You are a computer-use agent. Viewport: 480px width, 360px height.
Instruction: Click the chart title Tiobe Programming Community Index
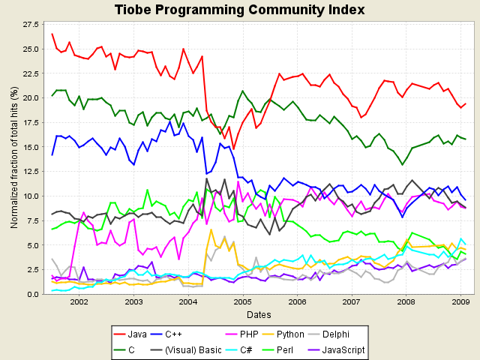240,10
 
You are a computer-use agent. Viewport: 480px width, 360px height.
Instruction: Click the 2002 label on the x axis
79,301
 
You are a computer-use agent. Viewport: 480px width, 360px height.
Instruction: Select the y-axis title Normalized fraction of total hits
12,158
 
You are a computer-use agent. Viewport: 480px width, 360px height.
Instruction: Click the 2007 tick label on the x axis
352,301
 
